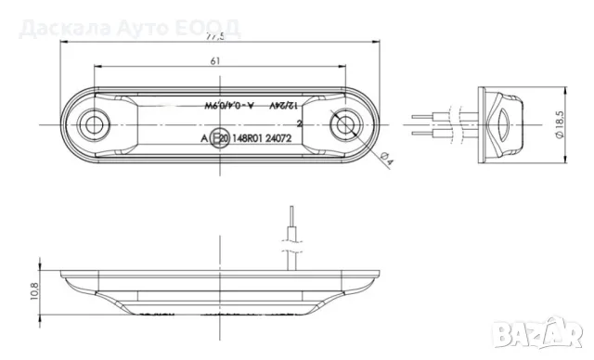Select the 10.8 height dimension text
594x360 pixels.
point(34,291)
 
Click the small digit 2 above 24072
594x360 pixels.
point(299,122)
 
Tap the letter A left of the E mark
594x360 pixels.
point(204,137)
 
